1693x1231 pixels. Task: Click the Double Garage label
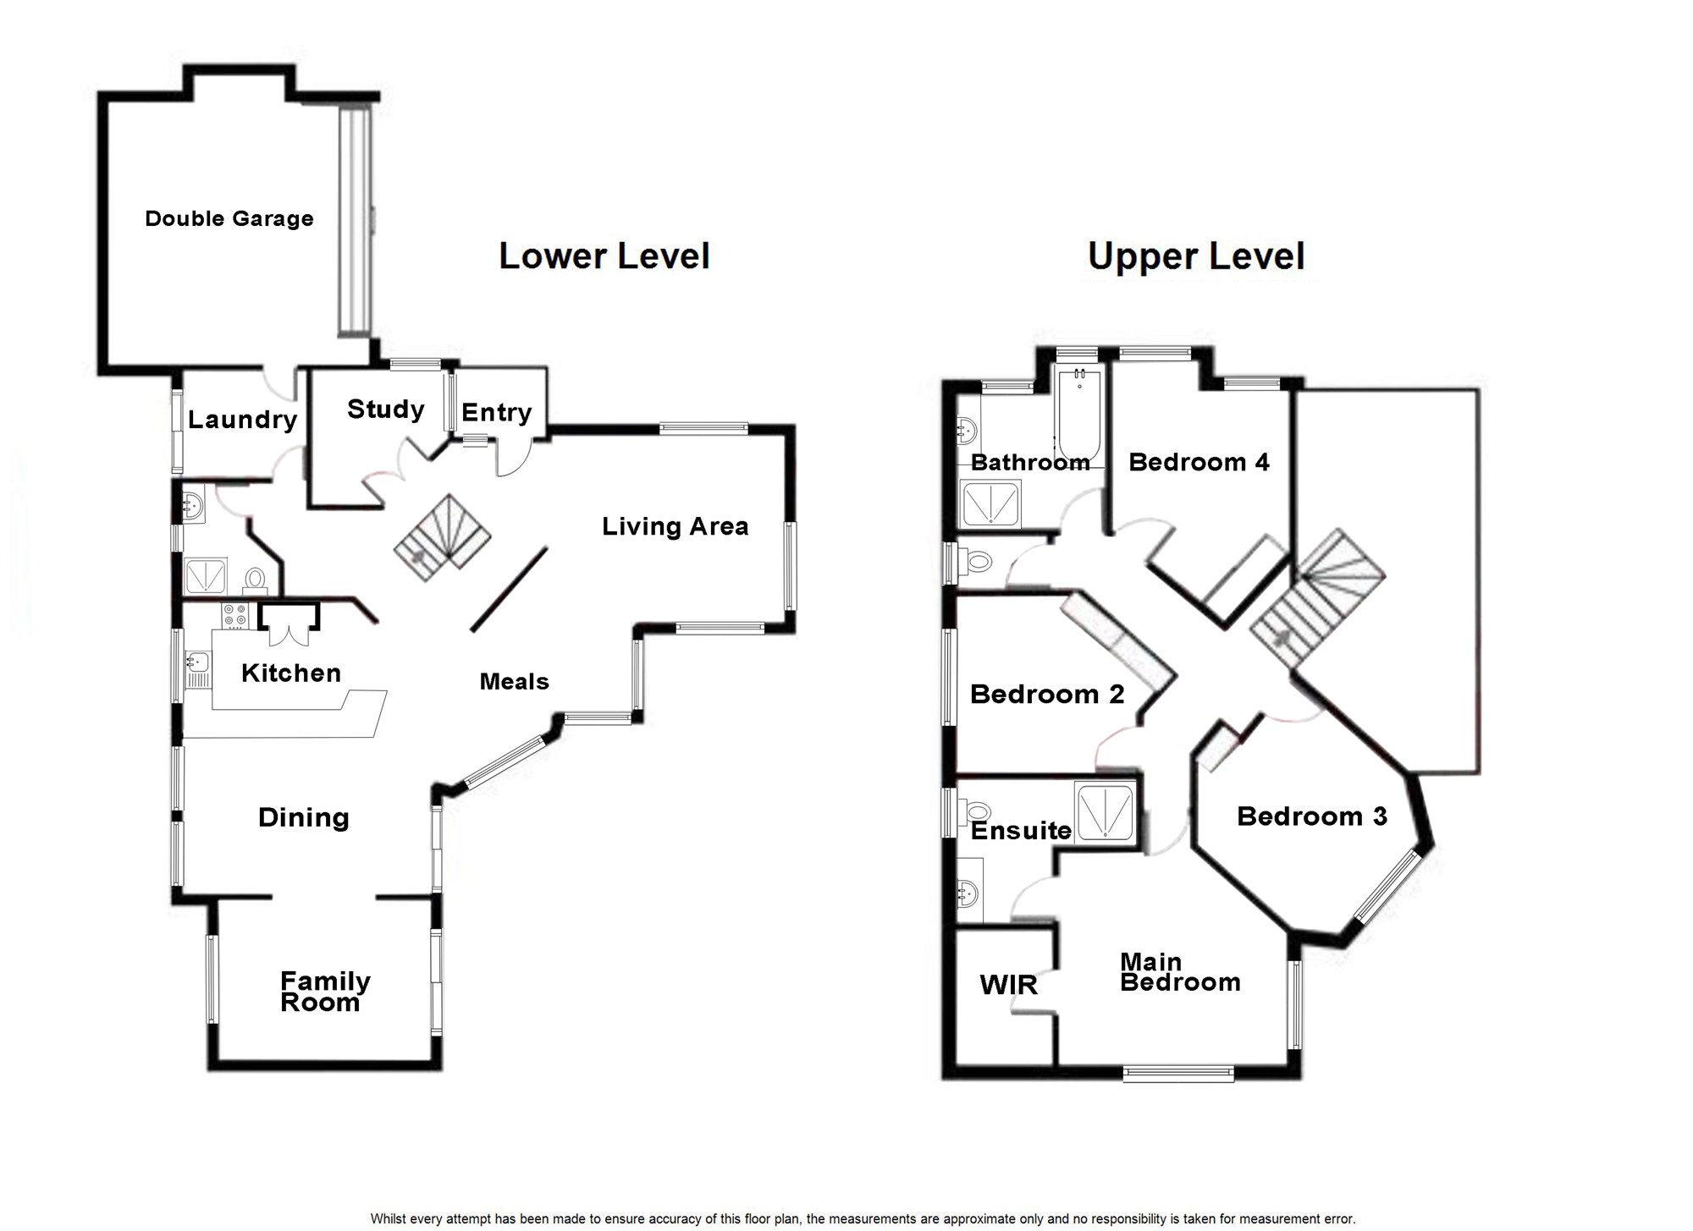click(229, 219)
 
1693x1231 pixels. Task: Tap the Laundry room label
click(242, 420)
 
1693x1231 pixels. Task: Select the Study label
click(385, 409)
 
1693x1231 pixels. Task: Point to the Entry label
click(496, 413)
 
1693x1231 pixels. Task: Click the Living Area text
click(675, 526)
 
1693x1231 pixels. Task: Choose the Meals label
click(514, 682)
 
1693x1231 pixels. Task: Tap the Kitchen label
click(290, 673)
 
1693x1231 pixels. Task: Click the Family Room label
click(324, 992)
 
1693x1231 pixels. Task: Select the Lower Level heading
click(604, 256)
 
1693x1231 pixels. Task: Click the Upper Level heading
click(1195, 256)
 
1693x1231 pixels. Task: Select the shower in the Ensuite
click(1105, 813)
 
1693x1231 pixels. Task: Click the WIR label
click(1007, 985)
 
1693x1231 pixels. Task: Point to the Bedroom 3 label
click(1311, 816)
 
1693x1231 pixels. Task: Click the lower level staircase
click(442, 537)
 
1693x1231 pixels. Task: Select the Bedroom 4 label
click(1199, 462)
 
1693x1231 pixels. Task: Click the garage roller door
click(355, 220)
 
